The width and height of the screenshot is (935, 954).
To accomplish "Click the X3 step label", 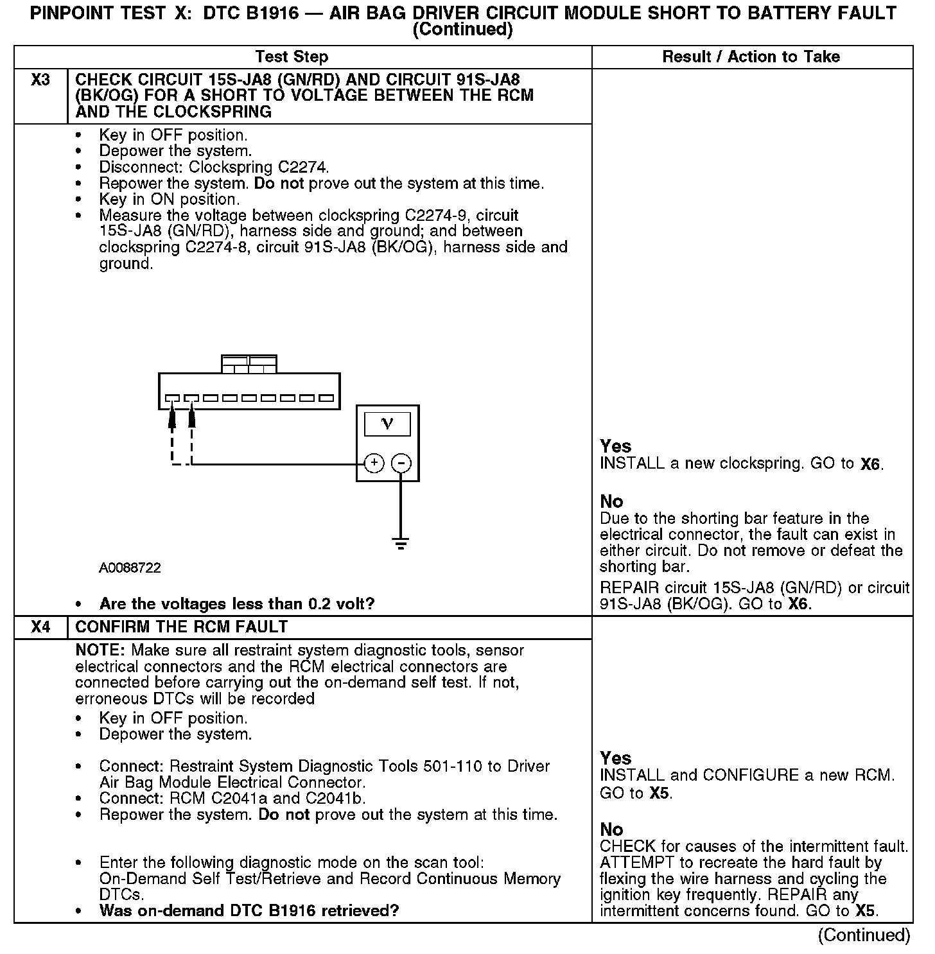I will pos(40,80).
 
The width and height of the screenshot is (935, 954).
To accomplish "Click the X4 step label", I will pos(40,627).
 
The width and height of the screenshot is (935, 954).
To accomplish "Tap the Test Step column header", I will pos(292,56).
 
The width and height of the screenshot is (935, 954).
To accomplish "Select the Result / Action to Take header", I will pos(751,56).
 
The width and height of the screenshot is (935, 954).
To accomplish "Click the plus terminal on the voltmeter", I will pos(374,463).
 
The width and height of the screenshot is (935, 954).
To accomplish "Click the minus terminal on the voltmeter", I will pos(401,463).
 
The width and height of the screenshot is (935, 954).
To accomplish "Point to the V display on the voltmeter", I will pos(387,424).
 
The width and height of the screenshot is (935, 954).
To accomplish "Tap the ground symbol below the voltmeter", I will pos(401,545).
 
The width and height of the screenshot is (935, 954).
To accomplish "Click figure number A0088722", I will pos(130,568).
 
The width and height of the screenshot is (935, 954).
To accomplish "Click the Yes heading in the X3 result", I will pos(615,446).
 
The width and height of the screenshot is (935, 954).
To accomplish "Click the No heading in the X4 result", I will pos(611,829).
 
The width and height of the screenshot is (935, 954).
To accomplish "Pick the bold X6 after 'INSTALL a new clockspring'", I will pos(870,464).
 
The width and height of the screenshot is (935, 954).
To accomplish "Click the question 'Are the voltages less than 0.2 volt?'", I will pos(236,604).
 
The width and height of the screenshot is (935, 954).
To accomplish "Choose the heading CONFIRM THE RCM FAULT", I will pos(182,627).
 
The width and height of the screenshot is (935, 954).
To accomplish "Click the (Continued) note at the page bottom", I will pos(864,935).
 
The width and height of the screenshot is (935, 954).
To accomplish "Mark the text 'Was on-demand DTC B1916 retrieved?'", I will pos(249,910).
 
